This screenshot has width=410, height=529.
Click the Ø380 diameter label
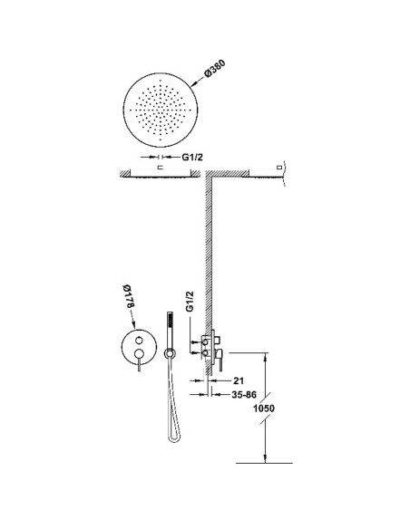215,70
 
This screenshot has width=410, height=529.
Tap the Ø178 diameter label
129,296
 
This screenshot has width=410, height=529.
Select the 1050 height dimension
264,409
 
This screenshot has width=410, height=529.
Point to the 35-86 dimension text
244,394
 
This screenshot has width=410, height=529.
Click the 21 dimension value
239,380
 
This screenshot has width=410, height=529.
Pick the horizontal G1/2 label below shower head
192,157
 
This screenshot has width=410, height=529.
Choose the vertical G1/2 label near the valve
190,302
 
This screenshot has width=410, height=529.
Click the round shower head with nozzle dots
161,110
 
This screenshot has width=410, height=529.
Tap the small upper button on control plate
139,340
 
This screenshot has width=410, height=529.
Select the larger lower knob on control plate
139,353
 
